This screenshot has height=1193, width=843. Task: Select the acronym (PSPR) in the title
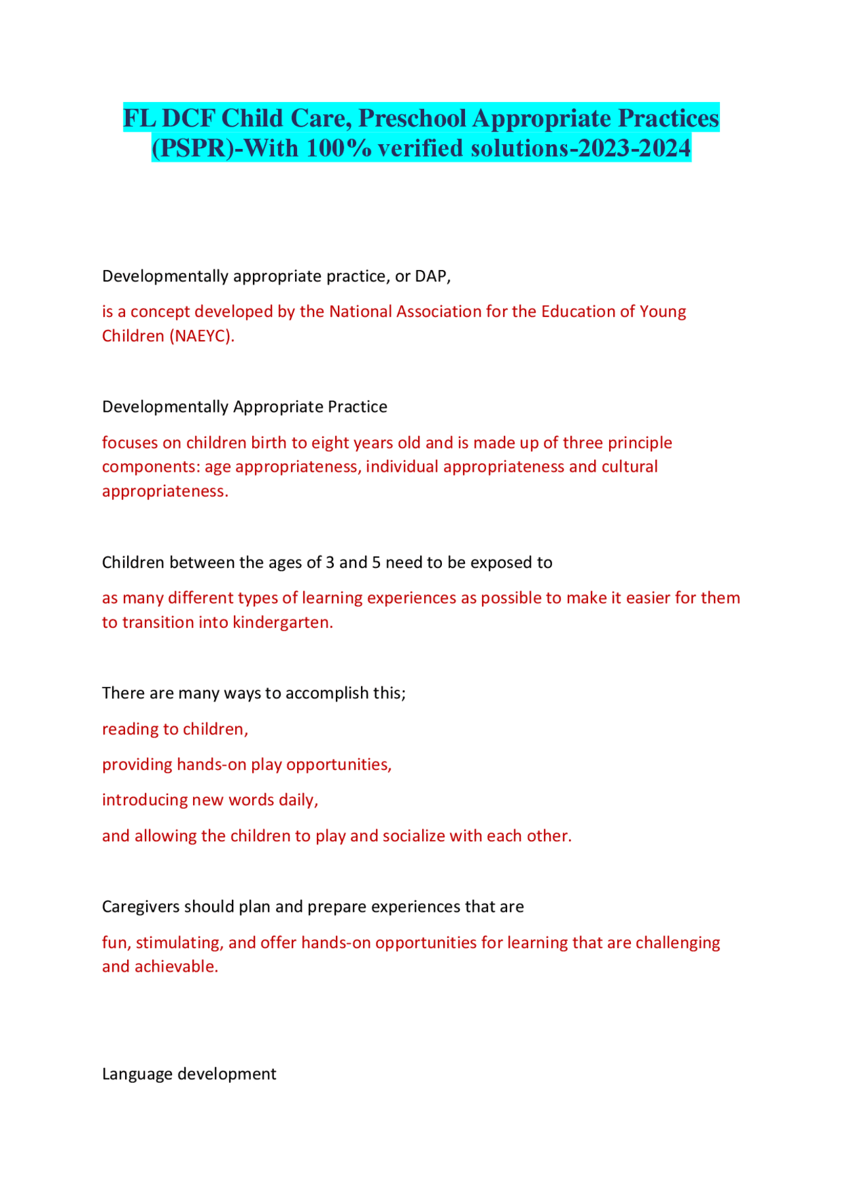(192, 148)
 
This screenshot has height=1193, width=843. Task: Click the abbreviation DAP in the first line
(431, 276)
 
